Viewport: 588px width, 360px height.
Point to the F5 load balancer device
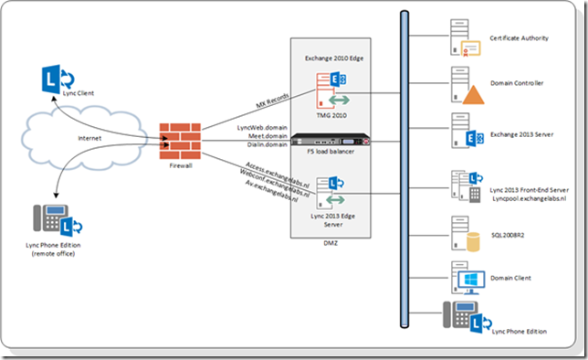[x=333, y=143]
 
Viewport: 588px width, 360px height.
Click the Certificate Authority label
[x=519, y=39]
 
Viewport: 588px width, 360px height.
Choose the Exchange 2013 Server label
[x=523, y=135]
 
